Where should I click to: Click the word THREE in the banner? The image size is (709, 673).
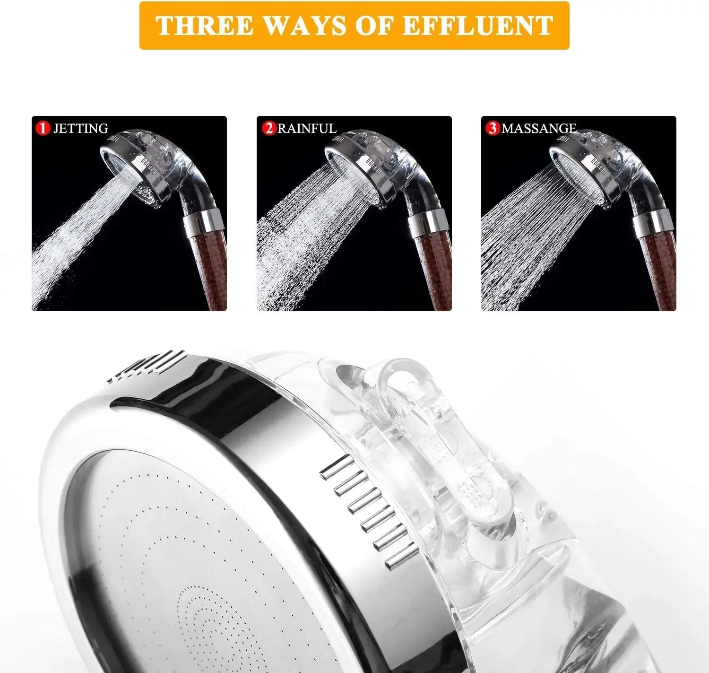[204, 26]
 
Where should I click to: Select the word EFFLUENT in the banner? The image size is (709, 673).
[477, 26]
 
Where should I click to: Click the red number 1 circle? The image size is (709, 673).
[43, 128]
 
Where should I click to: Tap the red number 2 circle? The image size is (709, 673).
[269, 128]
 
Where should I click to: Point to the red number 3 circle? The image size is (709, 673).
[493, 128]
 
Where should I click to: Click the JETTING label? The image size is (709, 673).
[80, 128]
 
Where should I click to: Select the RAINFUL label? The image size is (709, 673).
[307, 128]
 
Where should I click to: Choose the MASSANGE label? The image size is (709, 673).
[539, 128]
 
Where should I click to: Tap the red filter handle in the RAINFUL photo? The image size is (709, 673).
[432, 270]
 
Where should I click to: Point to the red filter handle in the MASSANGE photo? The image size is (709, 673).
[657, 270]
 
